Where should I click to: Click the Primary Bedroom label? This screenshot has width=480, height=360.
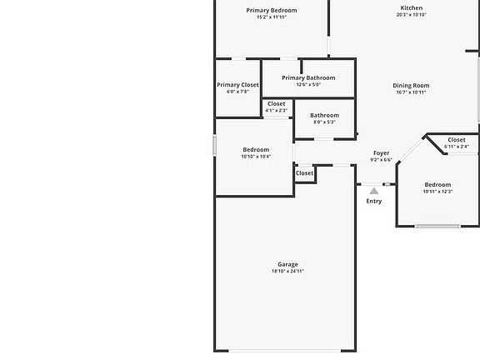272,11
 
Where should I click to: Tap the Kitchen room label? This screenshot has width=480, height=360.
412,8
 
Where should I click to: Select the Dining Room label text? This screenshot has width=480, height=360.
411,86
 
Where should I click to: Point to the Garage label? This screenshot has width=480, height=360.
287,264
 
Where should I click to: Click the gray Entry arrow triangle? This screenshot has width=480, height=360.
374,192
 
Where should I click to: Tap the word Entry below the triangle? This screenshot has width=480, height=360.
374,201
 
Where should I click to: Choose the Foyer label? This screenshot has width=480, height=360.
382,153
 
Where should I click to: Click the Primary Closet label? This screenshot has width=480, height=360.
237,85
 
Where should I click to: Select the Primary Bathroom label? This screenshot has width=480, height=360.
308,78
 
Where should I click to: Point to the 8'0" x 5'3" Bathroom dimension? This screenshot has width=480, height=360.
324,122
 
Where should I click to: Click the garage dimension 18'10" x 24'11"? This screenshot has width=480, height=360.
287,271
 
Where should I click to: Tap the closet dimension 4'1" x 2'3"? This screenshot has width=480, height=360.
277,111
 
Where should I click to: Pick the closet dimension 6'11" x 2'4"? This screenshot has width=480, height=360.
457,147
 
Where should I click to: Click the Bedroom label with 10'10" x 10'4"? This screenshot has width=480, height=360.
256,150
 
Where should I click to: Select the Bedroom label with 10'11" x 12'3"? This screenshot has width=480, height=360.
437,185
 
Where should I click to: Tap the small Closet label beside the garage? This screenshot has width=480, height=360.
305,173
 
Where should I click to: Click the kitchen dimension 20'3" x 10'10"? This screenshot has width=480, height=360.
412,15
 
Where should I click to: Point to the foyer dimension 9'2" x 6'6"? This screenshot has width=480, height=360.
382,160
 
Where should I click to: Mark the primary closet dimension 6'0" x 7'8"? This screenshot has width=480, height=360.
237,92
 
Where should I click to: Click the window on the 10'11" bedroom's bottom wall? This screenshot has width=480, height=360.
438,227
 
